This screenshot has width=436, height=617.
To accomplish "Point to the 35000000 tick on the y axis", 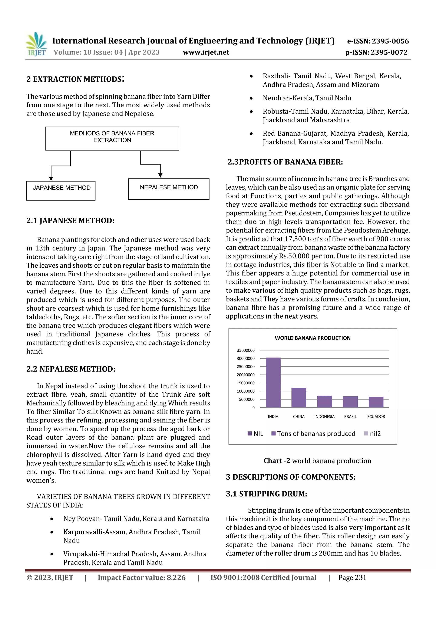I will click(x=245, y=350).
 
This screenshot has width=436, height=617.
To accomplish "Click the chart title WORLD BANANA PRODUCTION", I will click(x=313, y=338).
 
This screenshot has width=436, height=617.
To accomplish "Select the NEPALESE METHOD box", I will click(x=169, y=189).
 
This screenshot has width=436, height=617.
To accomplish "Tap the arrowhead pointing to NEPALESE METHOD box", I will click(x=160, y=175).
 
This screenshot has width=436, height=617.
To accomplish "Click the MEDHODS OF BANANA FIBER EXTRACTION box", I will click(x=112, y=138).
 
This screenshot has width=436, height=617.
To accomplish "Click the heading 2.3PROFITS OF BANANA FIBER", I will click(x=285, y=162).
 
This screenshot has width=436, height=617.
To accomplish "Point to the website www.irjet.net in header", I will click(x=206, y=52).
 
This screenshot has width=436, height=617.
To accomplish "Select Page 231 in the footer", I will click(x=352, y=578).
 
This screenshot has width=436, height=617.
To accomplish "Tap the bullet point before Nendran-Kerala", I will click(x=251, y=98).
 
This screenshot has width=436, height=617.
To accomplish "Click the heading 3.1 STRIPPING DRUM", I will click(x=266, y=494).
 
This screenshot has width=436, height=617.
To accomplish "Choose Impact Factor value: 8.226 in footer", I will click(x=142, y=578).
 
